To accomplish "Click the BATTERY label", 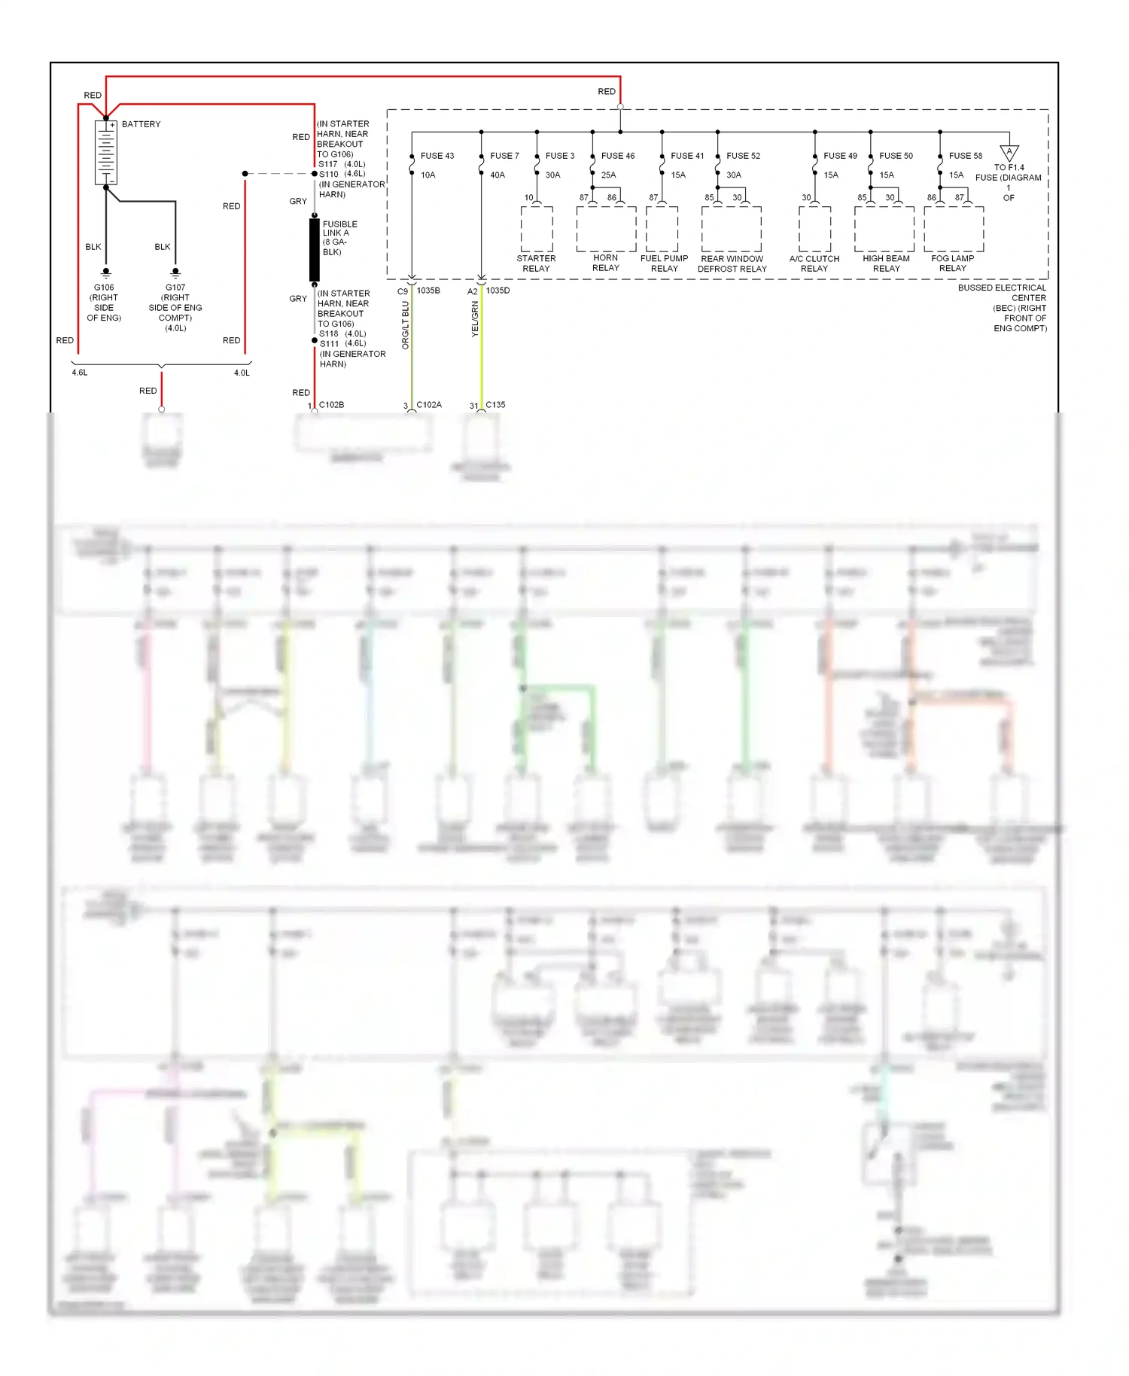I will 141,124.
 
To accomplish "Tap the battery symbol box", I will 106,152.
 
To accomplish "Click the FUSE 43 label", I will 437,156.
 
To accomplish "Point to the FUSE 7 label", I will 504,156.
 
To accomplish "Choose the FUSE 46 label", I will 618,156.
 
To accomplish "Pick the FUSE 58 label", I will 966,156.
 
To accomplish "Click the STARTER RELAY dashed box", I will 537,229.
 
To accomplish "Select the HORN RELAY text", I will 606,263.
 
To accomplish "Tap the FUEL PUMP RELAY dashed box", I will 662,229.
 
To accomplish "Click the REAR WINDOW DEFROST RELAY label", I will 732,263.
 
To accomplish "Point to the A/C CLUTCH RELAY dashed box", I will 815,229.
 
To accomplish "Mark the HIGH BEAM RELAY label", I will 887,263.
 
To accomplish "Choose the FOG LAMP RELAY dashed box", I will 954,229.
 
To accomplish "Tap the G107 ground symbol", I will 175,272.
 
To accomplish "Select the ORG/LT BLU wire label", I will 405,325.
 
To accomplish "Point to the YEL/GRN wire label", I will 475,318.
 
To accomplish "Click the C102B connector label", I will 331,405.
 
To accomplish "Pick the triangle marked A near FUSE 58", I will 1009,153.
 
